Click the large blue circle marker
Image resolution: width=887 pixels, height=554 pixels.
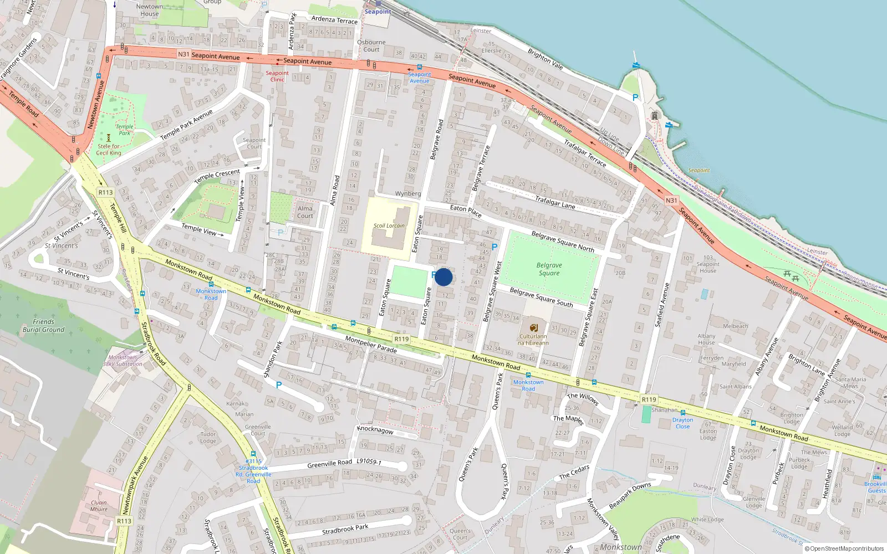pyautogui.click(x=443, y=277)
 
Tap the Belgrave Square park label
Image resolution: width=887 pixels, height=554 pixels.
pyautogui.click(x=549, y=269)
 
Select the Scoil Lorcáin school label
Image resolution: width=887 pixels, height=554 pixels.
pyautogui.click(x=389, y=225)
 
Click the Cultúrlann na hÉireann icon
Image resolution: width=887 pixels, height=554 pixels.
pyautogui.click(x=533, y=327)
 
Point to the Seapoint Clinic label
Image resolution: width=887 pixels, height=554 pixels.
pyautogui.click(x=277, y=76)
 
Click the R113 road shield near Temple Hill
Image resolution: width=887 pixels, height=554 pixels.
pyautogui.click(x=105, y=192)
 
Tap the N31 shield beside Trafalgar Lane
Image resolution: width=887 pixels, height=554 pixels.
pyautogui.click(x=671, y=201)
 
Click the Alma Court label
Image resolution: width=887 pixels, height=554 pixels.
pyautogui.click(x=305, y=212)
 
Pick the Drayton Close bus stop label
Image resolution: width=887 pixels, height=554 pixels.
pyautogui.click(x=682, y=423)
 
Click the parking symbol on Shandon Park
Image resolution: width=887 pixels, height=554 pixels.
pyautogui.click(x=278, y=384)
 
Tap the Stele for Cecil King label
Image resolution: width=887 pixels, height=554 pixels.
pyautogui.click(x=109, y=150)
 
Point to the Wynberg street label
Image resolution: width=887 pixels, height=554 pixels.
pyautogui.click(x=408, y=194)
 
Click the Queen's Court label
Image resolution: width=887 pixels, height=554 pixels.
pyautogui.click(x=460, y=534)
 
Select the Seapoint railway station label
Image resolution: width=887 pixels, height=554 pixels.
pyautogui.click(x=378, y=12)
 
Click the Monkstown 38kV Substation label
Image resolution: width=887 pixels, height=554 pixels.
pyautogui.click(x=123, y=361)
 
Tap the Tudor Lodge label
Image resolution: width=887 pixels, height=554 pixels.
pyautogui.click(x=208, y=438)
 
